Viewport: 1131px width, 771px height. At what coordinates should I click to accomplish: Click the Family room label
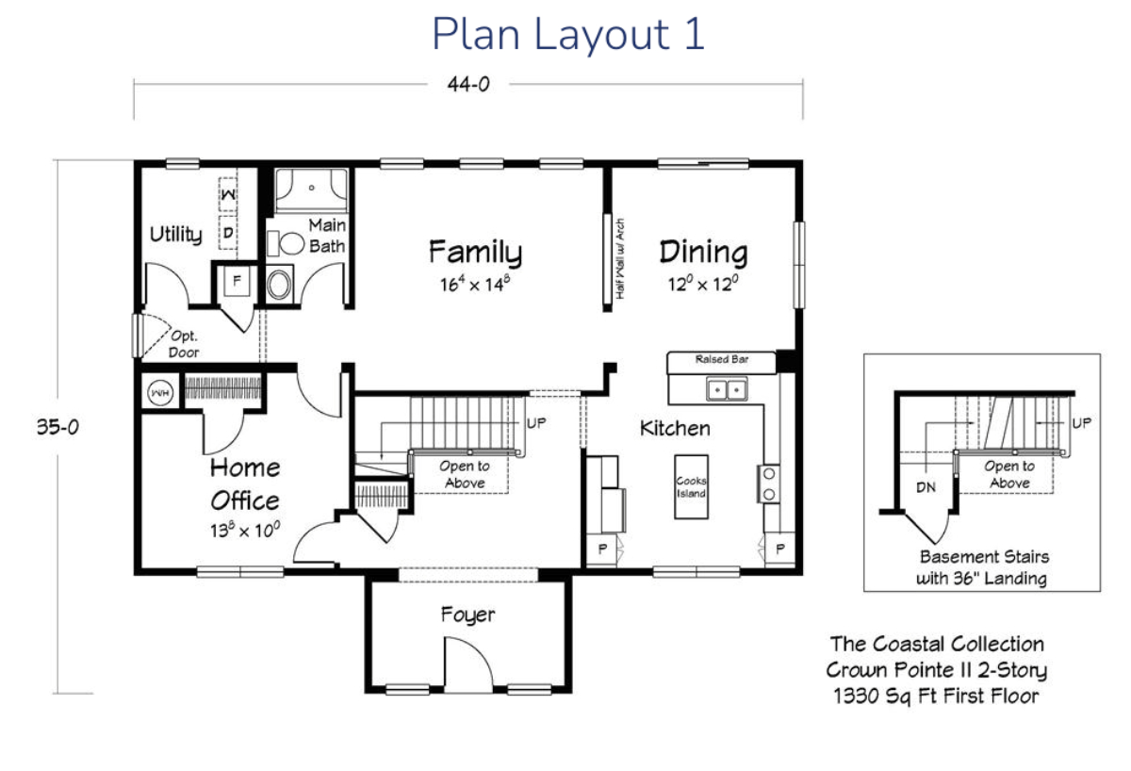coord(475,252)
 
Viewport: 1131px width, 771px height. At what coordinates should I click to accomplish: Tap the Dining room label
coord(703,252)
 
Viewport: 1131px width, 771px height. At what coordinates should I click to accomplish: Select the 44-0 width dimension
coord(468,84)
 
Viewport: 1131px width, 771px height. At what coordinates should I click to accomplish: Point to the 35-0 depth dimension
coord(57,427)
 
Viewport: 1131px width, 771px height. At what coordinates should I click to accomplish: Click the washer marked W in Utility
coord(228,194)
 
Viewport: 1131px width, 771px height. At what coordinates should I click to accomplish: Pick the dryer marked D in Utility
coord(228,233)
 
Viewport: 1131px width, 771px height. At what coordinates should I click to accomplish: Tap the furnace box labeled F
coord(237,281)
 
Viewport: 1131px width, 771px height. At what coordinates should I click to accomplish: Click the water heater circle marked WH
coord(160,392)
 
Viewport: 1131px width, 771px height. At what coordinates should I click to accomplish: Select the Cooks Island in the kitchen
coord(691,486)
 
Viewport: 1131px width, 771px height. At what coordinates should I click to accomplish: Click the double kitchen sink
coord(727,389)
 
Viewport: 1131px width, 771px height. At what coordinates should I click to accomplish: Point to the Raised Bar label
coord(722,359)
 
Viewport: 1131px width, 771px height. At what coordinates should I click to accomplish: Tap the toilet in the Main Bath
coord(286,243)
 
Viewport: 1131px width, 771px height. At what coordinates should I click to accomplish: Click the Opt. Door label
coord(183,344)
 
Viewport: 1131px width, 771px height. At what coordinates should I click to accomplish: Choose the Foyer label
coord(467,615)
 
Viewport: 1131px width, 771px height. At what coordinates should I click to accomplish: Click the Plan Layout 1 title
coord(568,34)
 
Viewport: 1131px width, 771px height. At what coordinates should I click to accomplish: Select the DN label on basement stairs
coord(926,487)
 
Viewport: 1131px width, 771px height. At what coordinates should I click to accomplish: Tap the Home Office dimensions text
coord(245,530)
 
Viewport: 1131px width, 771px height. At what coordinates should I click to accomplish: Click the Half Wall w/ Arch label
coord(620,258)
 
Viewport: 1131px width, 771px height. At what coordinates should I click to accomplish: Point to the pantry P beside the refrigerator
coord(602,549)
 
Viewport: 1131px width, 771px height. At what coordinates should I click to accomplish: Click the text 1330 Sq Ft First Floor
coord(936,696)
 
